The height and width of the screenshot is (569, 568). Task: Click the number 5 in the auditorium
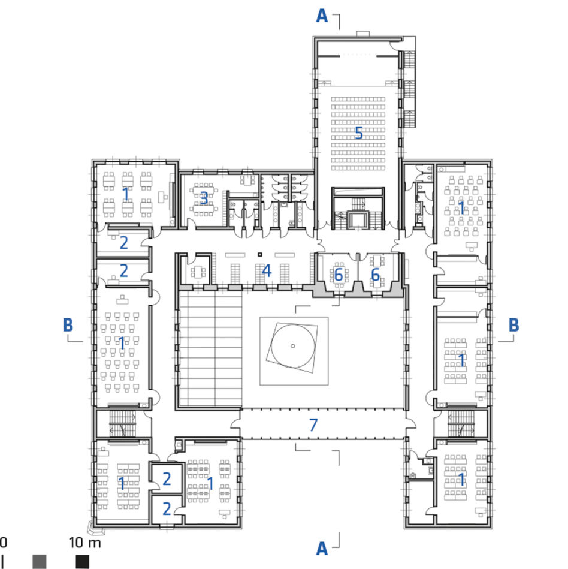[x=359, y=133]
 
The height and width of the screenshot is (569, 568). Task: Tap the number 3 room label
[x=204, y=198]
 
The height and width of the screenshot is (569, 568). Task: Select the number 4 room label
[x=267, y=271]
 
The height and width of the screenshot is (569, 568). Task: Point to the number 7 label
[x=313, y=425]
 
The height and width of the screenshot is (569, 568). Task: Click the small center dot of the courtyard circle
[x=293, y=346]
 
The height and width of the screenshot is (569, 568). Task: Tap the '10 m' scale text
[x=85, y=543]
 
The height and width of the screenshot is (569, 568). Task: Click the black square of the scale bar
[x=82, y=561]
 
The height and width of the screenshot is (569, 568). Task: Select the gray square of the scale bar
[x=40, y=561]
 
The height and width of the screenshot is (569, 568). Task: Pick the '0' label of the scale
[x=3, y=543]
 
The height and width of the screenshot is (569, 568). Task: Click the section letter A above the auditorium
[x=322, y=16]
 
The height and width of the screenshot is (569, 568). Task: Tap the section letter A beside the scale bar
[x=322, y=549]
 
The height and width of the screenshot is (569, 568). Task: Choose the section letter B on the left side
[x=68, y=325]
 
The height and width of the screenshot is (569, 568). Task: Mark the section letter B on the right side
[x=513, y=325]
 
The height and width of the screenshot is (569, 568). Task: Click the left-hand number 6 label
[x=339, y=275]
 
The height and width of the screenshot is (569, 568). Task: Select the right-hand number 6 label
[x=376, y=275]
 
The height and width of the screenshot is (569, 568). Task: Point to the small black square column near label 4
[x=259, y=255]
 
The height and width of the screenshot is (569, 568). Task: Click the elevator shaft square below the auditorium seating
[x=358, y=220]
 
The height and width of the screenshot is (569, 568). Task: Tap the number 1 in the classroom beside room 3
[x=125, y=194]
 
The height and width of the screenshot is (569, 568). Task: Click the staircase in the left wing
[x=123, y=423]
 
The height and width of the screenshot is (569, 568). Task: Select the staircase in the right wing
[x=461, y=423]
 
